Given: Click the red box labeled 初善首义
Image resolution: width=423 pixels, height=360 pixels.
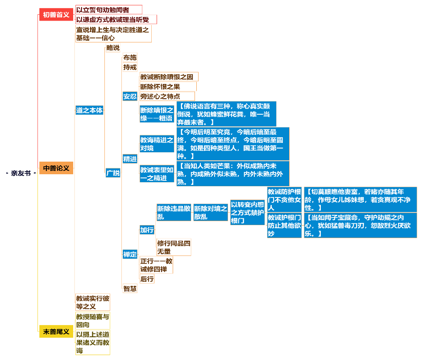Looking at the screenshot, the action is click(x=56, y=15).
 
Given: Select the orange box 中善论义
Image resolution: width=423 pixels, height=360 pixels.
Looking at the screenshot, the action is click(x=56, y=168).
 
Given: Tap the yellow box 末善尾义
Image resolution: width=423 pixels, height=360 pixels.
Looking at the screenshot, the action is click(x=56, y=331).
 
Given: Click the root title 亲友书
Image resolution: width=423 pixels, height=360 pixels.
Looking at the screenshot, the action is click(x=21, y=173).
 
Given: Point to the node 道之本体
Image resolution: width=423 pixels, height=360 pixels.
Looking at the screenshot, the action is click(x=89, y=110).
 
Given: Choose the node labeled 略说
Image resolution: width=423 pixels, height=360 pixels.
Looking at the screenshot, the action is click(x=113, y=48).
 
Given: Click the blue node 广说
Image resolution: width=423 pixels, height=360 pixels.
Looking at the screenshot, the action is click(x=113, y=173).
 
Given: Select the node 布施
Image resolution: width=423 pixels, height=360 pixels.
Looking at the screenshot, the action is click(x=130, y=58).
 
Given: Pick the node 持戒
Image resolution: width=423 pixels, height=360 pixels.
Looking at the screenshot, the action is click(x=130, y=67).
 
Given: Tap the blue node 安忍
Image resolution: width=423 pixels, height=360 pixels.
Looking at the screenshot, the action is click(x=130, y=96).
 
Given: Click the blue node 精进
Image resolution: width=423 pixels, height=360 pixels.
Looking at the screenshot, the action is click(x=130, y=159).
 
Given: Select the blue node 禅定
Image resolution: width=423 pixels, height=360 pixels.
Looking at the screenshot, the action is click(x=130, y=254).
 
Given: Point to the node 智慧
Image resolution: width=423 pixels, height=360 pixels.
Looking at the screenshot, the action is click(x=130, y=289).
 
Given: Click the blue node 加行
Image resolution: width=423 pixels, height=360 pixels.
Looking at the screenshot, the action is click(x=147, y=230).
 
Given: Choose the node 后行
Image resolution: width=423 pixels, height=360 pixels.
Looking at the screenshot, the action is click(x=147, y=279).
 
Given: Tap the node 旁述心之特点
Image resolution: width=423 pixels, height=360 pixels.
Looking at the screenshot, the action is click(x=167, y=96).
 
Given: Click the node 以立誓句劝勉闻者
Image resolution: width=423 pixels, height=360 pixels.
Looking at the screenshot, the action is click(x=109, y=10).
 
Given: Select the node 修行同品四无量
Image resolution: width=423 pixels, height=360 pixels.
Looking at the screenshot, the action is click(x=174, y=247).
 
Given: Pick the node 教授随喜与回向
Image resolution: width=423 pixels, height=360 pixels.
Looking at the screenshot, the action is click(x=92, y=321).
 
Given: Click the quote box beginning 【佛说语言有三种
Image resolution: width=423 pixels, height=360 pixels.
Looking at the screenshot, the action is click(x=226, y=114).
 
